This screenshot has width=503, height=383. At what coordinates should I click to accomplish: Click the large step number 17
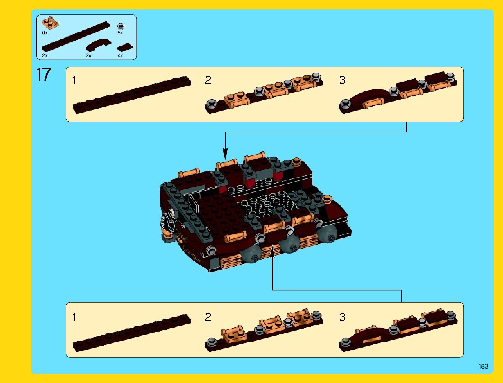coord(44,74)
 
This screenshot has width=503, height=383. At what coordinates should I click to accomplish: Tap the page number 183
coord(483,366)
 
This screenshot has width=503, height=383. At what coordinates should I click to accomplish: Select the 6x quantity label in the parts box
coord(45,33)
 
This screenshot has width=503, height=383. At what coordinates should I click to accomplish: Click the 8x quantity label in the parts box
coord(120,33)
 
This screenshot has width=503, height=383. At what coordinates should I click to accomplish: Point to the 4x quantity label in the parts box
coord(120,56)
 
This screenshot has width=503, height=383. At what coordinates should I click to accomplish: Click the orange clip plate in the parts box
coord(50,23)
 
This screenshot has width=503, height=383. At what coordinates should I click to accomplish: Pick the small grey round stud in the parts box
coord(121,26)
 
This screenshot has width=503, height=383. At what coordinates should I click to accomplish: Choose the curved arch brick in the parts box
coord(99,44)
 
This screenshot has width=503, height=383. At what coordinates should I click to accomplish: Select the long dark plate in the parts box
coord(76,36)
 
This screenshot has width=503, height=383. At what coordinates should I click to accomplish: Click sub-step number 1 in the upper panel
coord(74,80)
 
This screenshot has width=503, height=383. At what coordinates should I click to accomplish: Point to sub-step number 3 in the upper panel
coord(342,80)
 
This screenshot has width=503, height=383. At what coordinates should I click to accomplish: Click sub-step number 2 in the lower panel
coord(208,317)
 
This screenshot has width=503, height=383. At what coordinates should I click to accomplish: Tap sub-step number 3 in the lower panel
coord(342,317)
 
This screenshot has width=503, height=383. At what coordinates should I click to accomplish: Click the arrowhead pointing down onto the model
coord(225,154)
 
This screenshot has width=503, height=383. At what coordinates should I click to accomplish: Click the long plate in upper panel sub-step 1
coord(132,95)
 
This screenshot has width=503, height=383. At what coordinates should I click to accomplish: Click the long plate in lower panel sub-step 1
coord(132,333)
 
